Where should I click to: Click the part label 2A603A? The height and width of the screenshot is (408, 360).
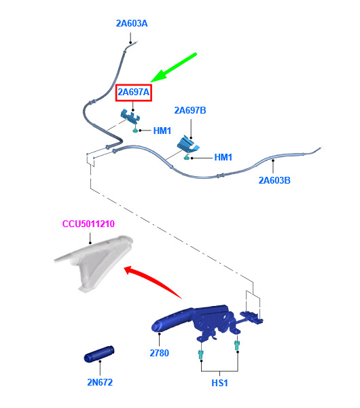[x=132, y=23]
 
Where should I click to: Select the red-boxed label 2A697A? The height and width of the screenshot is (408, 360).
[x=134, y=92]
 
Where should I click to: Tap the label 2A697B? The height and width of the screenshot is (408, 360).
[x=190, y=110]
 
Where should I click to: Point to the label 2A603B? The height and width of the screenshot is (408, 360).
[x=274, y=180]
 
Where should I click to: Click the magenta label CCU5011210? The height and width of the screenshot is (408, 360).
[x=88, y=224]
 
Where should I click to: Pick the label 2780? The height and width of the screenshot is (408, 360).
[x=160, y=353]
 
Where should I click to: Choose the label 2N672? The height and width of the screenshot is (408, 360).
[x=100, y=382]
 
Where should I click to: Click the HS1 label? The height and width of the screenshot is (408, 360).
[x=219, y=383]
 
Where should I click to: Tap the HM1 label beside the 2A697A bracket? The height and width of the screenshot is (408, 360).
[x=162, y=131]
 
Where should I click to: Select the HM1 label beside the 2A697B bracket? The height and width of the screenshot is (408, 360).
[x=223, y=157]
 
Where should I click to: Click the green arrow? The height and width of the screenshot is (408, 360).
[x=173, y=67]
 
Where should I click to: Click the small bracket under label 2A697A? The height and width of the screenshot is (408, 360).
[x=130, y=116]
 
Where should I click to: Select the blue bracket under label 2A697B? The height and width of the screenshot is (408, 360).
[x=188, y=144]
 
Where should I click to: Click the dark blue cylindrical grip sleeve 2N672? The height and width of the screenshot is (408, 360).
[x=99, y=354]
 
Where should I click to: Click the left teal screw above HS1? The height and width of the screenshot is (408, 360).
[x=200, y=355]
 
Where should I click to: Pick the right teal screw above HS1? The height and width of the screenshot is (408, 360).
[x=237, y=345]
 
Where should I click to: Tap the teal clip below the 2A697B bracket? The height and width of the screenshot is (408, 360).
[x=187, y=157]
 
